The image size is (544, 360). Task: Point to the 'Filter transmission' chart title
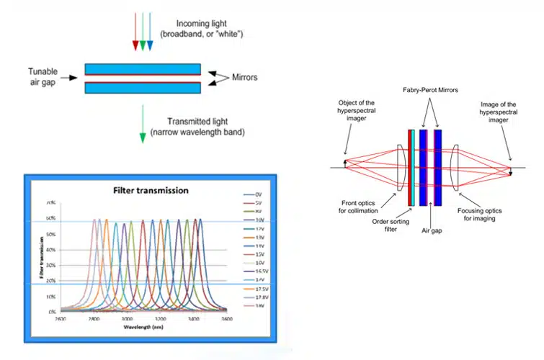pos(151,191)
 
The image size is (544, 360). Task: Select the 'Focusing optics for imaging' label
pos(483,215)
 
